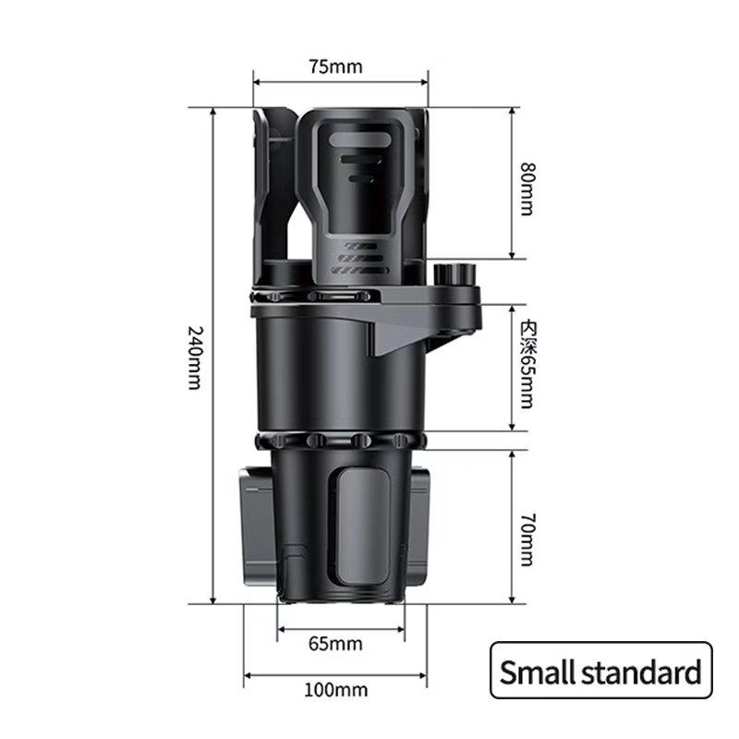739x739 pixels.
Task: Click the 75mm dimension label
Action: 335,67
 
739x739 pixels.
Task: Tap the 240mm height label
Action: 196,357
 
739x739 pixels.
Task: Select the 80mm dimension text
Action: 527,188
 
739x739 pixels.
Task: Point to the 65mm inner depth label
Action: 527,364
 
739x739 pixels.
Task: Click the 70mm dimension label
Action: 527,539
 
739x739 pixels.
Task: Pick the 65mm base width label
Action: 335,644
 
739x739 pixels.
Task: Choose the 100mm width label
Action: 335,690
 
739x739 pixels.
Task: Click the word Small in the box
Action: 538,672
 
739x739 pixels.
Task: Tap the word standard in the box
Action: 641,672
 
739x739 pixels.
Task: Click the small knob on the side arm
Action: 454,274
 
